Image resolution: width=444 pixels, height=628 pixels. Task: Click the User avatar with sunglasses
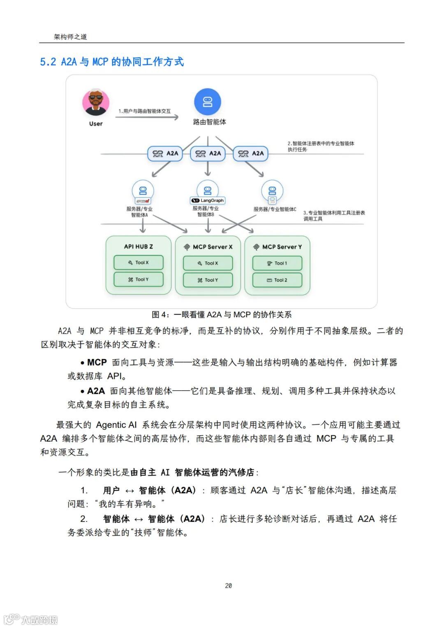pyautogui.click(x=96, y=102)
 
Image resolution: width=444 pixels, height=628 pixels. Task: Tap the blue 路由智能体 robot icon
pyautogui.click(x=208, y=102)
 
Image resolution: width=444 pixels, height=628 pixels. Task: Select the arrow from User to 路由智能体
pyautogui.click(x=147, y=117)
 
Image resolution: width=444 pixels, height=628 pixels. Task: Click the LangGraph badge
pyautogui.click(x=208, y=200)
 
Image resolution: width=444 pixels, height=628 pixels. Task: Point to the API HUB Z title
pyautogui.click(x=139, y=247)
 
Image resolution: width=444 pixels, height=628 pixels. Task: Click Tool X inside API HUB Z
pyautogui.click(x=139, y=263)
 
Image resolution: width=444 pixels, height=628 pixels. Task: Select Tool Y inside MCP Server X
pyautogui.click(x=208, y=280)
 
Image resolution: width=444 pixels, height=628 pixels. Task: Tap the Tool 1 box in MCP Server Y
pyautogui.click(x=277, y=263)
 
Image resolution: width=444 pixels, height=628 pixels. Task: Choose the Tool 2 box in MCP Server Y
pyautogui.click(x=277, y=280)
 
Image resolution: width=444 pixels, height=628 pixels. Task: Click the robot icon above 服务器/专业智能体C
pyautogui.click(x=272, y=191)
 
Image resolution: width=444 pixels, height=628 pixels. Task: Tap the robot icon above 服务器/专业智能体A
pyautogui.click(x=143, y=191)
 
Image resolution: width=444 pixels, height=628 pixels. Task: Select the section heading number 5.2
pyautogui.click(x=48, y=62)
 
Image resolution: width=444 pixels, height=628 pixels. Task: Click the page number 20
pyautogui.click(x=229, y=585)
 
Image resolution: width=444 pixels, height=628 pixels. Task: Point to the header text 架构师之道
pyautogui.click(x=70, y=37)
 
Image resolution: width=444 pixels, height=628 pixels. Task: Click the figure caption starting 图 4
pyautogui.click(x=222, y=315)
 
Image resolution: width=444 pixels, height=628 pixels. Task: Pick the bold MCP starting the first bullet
pyautogui.click(x=97, y=363)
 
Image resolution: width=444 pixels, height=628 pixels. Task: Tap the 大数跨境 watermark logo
pyautogui.click(x=31, y=619)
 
